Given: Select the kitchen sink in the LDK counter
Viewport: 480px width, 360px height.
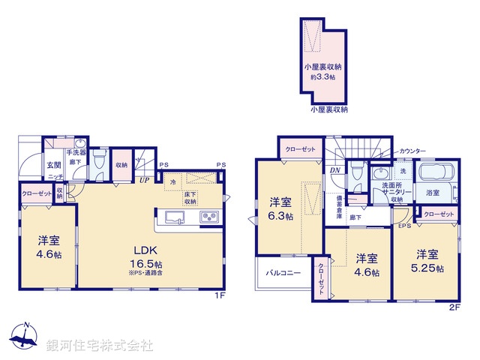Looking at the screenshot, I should (174, 218).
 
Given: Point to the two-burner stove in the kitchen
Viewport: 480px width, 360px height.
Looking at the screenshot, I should (208, 218).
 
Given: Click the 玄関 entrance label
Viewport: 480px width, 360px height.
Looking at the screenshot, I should (55, 165).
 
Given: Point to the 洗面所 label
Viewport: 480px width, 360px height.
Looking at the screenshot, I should (393, 184).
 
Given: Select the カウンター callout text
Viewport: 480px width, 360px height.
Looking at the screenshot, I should (415, 151).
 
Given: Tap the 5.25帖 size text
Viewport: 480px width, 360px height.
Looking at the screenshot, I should (427, 267).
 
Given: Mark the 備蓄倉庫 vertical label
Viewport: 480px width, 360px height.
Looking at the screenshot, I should (338, 204).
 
